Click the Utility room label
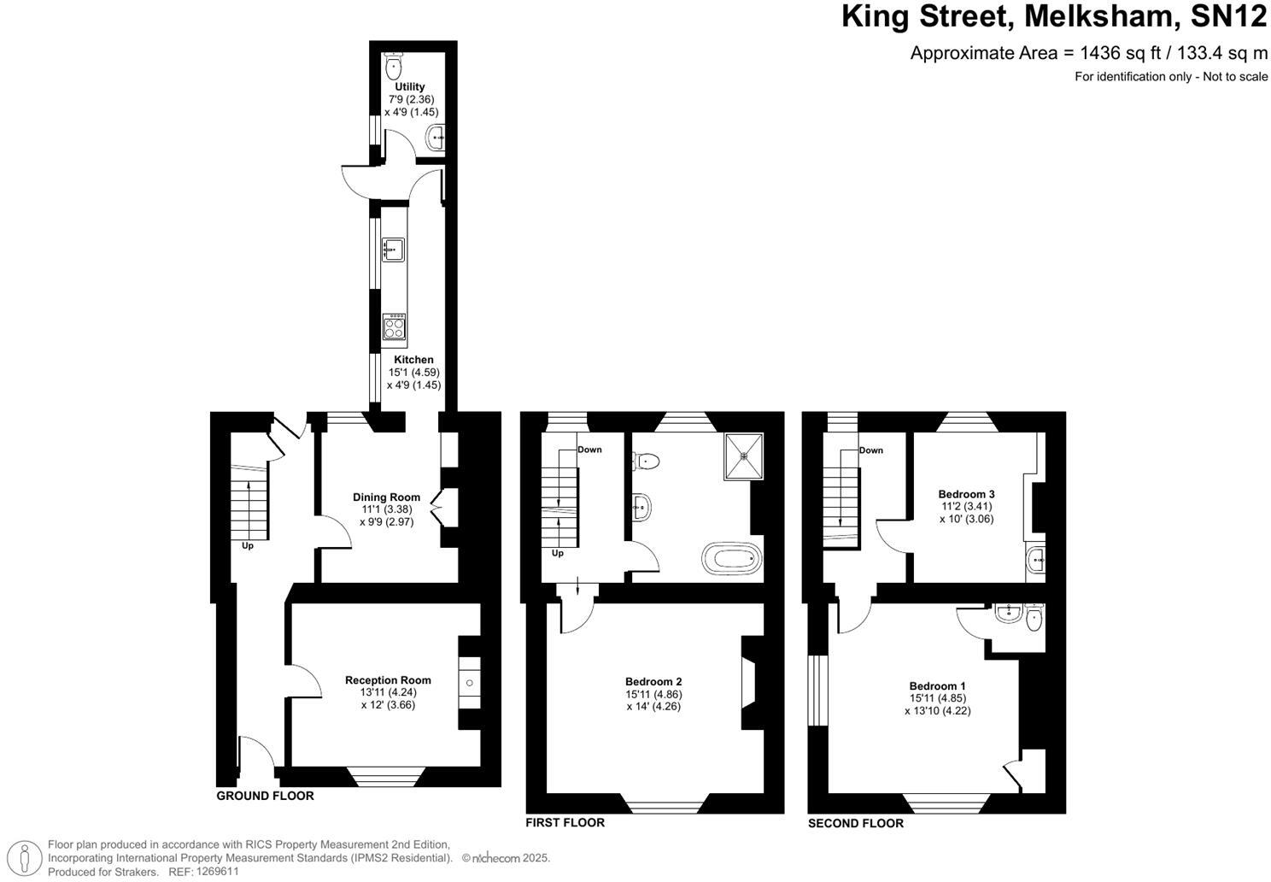(x=409, y=87)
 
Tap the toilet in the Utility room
(x=394, y=67)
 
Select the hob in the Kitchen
(x=394, y=326)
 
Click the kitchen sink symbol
(x=393, y=250)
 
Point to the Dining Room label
(x=387, y=497)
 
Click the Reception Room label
(x=388, y=680)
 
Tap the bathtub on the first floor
(x=730, y=560)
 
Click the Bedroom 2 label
(x=653, y=682)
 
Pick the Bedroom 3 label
(x=966, y=494)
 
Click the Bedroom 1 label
(x=937, y=685)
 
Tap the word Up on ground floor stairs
(x=248, y=545)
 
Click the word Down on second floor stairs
(x=870, y=450)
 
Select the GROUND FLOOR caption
(x=265, y=796)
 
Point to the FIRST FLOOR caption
(x=565, y=822)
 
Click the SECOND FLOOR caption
(x=855, y=823)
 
